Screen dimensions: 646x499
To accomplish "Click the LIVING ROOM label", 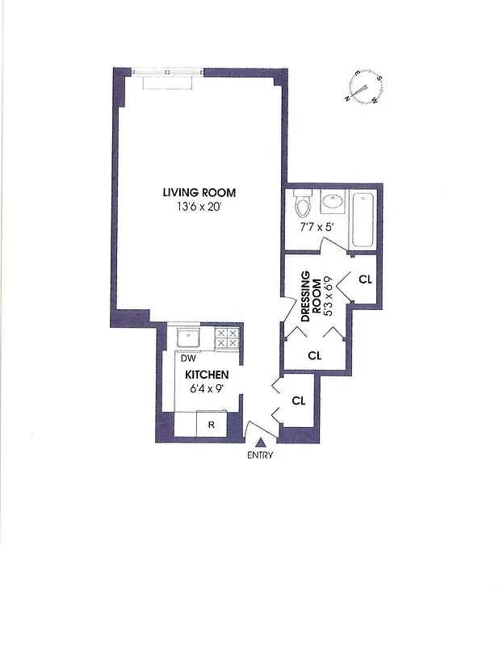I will pyautogui.click(x=199, y=192).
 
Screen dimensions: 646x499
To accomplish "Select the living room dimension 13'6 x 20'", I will pyautogui.click(x=199, y=206).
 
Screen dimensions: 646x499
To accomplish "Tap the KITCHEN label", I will pyautogui.click(x=208, y=375).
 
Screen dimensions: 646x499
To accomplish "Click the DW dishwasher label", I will pyautogui.click(x=187, y=358).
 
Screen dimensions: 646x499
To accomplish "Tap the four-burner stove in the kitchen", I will pyautogui.click(x=227, y=338).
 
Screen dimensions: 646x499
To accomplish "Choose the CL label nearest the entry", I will pyautogui.click(x=299, y=401).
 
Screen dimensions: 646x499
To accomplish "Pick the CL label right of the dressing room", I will pyautogui.click(x=365, y=280).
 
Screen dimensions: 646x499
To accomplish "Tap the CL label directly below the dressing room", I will pyautogui.click(x=315, y=355).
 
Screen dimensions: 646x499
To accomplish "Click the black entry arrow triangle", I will pyautogui.click(x=260, y=441).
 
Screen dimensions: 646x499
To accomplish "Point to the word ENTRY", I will pyautogui.click(x=260, y=455).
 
